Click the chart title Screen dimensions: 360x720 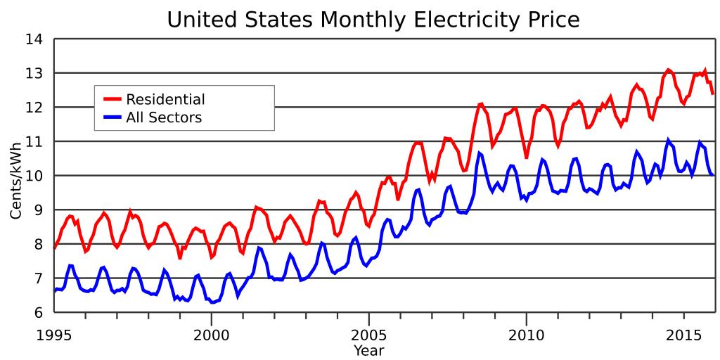click(373, 20)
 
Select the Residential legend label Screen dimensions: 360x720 click(165, 99)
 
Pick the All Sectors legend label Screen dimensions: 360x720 click(164, 117)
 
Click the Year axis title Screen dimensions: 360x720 click(369, 349)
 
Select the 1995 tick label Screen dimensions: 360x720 click(53, 332)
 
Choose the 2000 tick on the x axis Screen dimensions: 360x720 click(212, 332)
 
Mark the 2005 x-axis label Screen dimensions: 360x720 click(369, 332)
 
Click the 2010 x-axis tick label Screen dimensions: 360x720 click(527, 332)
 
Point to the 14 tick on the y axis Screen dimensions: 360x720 click(34, 40)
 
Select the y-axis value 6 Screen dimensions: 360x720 click(38, 313)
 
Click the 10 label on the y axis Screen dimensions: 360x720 click(34, 176)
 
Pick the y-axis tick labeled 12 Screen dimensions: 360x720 click(34, 108)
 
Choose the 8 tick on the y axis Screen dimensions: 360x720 click(38, 245)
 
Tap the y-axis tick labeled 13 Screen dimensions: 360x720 click(34, 74)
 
